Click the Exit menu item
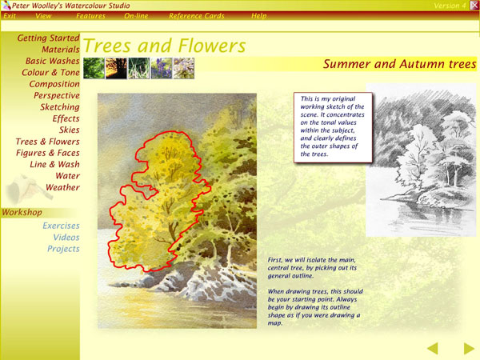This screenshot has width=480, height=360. [x=10, y=16]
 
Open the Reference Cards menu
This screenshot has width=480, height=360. [x=197, y=16]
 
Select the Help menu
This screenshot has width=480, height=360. [x=259, y=16]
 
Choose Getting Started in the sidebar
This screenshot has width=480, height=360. [x=48, y=38]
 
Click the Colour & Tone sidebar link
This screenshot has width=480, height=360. [x=50, y=73]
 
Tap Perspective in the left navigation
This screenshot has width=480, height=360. [x=57, y=95]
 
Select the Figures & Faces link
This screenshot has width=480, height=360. [x=48, y=153]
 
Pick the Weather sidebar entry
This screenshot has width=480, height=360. [x=62, y=187]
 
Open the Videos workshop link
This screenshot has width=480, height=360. [x=66, y=238]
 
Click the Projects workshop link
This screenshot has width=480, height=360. [x=63, y=249]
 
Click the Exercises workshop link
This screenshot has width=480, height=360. [x=62, y=226]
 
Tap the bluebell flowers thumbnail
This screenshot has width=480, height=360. [x=162, y=69]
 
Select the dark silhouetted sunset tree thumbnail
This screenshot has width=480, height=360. [x=116, y=69]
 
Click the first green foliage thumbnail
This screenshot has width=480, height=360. [x=94, y=69]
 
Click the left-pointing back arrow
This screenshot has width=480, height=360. [x=433, y=348]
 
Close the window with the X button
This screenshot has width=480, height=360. [x=474, y=6]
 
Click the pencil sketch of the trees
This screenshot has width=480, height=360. [x=422, y=160]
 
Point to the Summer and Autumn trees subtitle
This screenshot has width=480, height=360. [x=399, y=64]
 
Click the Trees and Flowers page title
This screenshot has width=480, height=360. [x=164, y=46]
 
